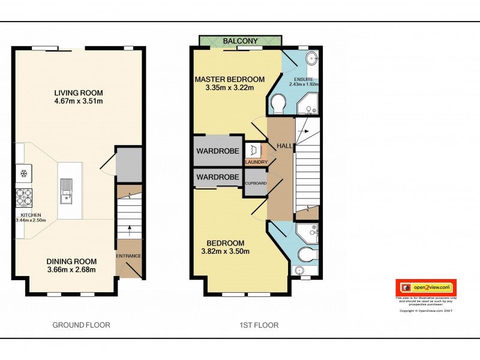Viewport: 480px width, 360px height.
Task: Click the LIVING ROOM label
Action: click(79, 93)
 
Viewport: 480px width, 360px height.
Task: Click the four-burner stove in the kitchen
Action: click(24, 196)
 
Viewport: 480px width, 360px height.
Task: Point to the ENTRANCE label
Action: click(129, 256)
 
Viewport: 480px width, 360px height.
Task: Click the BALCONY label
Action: click(240, 41)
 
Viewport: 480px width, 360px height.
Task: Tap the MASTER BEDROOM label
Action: click(229, 79)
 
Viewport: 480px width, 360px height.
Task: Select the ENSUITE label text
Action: click(303, 79)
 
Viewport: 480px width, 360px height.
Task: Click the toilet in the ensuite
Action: click(278, 104)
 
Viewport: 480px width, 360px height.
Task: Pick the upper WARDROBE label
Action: click(218, 151)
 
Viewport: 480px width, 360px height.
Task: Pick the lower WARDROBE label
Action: click(218, 178)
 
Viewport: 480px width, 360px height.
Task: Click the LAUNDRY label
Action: click(256, 162)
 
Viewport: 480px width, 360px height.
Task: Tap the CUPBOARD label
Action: click(255, 183)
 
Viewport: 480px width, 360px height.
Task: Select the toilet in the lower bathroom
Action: click(307, 254)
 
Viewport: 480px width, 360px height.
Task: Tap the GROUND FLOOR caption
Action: click(81, 325)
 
